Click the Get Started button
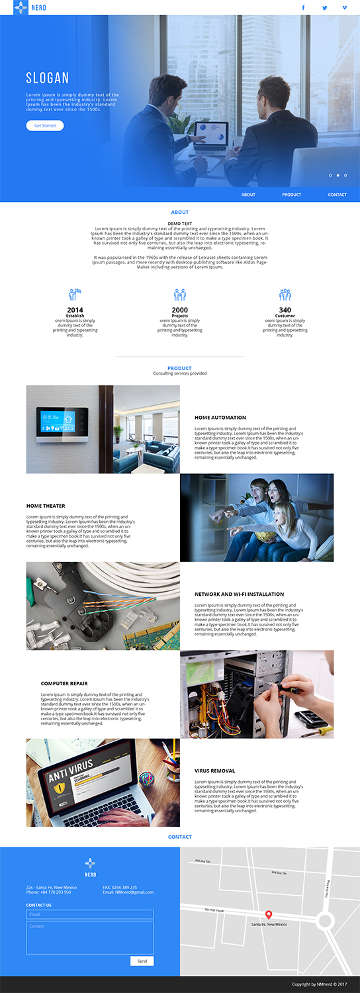45,126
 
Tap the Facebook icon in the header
303,8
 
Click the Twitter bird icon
325,8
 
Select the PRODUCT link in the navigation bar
291,195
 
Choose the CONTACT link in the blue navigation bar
337,195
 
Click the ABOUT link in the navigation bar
248,195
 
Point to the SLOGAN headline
48,78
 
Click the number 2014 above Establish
75,310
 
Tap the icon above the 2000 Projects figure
180,295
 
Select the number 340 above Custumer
285,310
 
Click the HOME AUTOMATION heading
220,418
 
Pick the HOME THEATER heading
46,506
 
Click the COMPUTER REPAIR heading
64,683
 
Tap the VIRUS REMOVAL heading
214,771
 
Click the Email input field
90,914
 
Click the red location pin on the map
269,915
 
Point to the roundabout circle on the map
325,921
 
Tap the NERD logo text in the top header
38,8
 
